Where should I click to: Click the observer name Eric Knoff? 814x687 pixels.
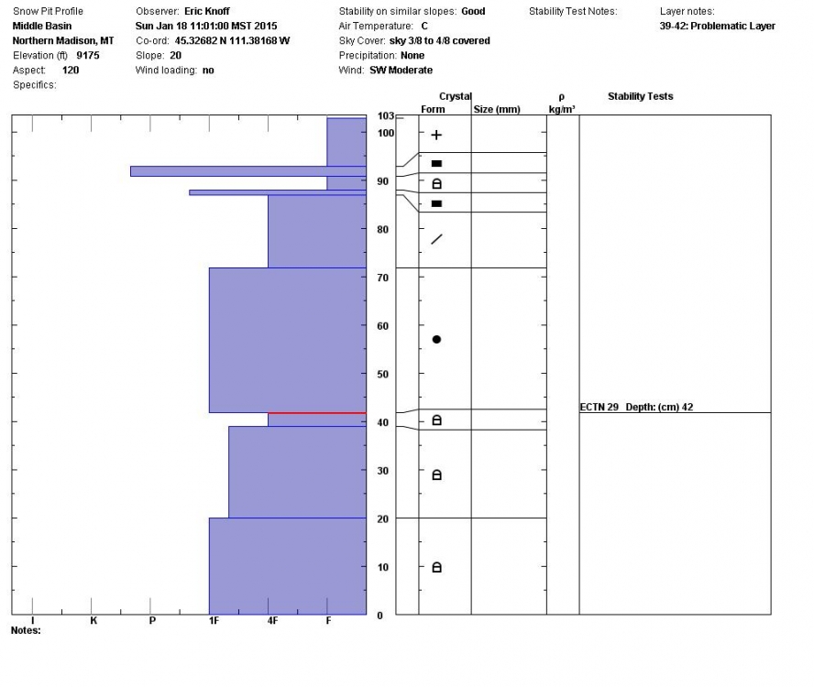[208, 11]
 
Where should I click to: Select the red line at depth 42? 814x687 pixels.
[316, 413]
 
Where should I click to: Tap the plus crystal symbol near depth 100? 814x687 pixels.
[436, 135]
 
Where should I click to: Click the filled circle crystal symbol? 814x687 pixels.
[436, 340]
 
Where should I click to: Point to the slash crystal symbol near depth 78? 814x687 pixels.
[436, 239]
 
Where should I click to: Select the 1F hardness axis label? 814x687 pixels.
[213, 621]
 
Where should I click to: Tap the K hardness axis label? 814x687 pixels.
[93, 621]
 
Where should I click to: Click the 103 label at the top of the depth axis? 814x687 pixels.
[385, 116]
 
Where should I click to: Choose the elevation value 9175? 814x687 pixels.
[88, 55]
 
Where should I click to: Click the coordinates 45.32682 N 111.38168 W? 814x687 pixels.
[233, 40]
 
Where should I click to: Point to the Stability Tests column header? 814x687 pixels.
[640, 96]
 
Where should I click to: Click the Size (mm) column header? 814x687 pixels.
[496, 109]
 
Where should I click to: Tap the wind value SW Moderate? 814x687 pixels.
[401, 70]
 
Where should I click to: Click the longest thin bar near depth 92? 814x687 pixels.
[247, 170]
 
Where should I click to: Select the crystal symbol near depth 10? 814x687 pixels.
[436, 568]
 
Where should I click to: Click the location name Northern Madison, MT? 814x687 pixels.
[62, 40]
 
